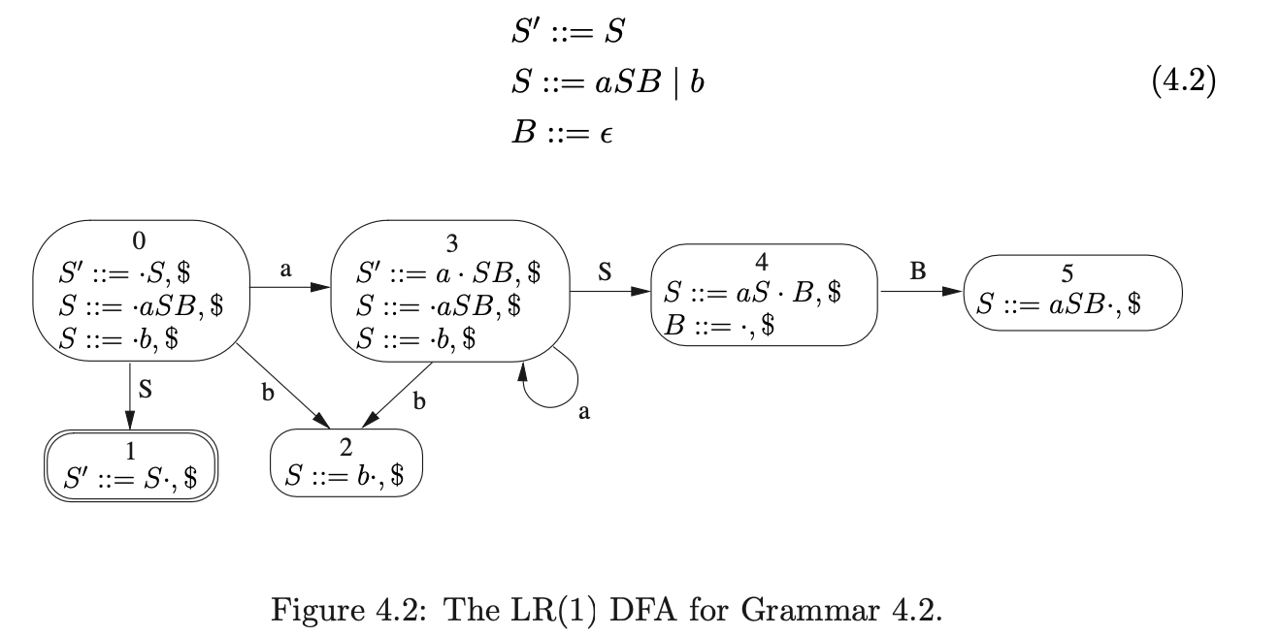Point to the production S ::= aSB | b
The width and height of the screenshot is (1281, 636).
[x=608, y=83]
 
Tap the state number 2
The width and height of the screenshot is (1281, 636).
[x=346, y=447]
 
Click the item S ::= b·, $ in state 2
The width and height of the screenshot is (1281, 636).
[x=346, y=475]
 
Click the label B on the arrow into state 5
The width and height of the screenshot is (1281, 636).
[x=917, y=272]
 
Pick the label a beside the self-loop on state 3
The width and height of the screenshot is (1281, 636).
[x=583, y=413]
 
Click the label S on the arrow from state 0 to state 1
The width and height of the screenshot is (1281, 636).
[x=146, y=392]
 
